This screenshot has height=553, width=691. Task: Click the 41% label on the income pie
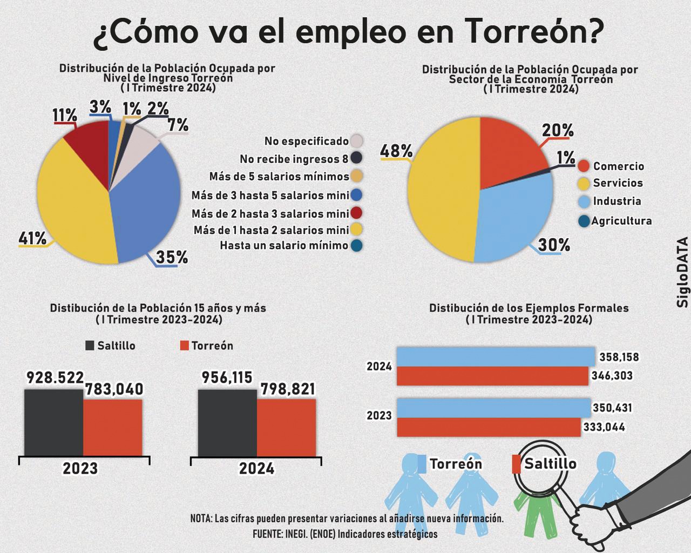tap(32, 238)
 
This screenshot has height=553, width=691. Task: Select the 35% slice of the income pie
tap(146, 200)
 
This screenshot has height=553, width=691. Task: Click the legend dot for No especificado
tap(356, 141)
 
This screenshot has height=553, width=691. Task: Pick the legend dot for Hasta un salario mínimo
tap(356, 246)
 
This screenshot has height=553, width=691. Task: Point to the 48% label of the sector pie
tap(396, 151)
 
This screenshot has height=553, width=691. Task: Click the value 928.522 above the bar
tap(55, 377)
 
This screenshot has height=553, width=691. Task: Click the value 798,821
tap(288, 389)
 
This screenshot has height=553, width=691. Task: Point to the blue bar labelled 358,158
tap(495, 356)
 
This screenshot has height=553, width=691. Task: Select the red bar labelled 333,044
tap(489, 427)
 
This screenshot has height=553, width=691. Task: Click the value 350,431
tap(612, 408)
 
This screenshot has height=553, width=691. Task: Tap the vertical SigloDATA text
tap(683, 272)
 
